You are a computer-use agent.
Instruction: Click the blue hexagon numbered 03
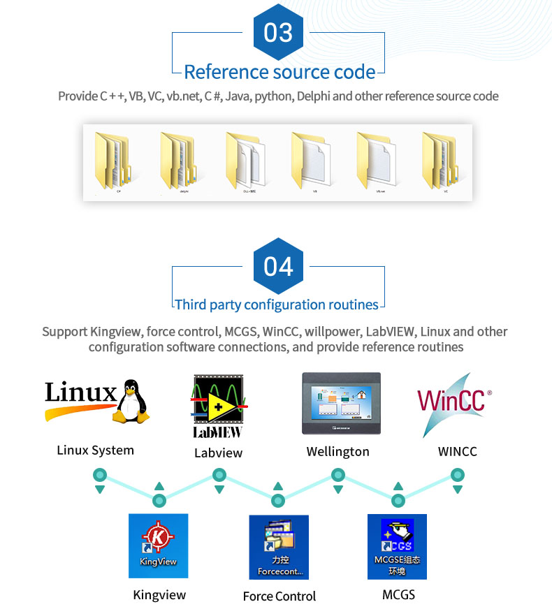click(x=278, y=33)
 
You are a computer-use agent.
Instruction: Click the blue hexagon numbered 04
click(x=278, y=266)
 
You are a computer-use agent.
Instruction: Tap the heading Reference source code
click(x=279, y=72)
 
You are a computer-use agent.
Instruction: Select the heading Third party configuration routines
click(x=277, y=305)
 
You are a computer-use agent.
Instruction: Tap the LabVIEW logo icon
click(x=218, y=405)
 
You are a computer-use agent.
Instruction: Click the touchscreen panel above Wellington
click(x=341, y=404)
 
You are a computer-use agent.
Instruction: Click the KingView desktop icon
click(x=159, y=545)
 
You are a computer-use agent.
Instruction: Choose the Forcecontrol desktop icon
click(x=279, y=547)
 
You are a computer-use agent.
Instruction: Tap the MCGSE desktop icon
click(x=397, y=547)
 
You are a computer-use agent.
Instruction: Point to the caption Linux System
click(x=95, y=450)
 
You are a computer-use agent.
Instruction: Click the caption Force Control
click(x=279, y=596)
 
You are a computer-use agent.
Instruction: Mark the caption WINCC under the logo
click(x=457, y=451)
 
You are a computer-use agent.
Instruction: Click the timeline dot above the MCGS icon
click(x=398, y=501)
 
